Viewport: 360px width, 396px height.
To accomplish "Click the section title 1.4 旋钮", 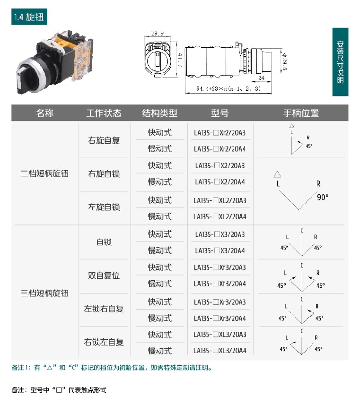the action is pyautogui.click(x=29, y=17).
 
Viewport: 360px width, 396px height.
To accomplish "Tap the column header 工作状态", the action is pyautogui.click(x=104, y=113).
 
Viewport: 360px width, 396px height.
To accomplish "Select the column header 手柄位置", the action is pyautogui.click(x=301, y=113).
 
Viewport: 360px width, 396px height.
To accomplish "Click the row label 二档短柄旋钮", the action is pyautogui.click(x=44, y=173).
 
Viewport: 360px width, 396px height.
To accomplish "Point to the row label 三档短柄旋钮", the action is pyautogui.click(x=44, y=293).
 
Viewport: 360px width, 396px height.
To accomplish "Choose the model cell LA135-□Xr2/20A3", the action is pyautogui.click(x=220, y=133).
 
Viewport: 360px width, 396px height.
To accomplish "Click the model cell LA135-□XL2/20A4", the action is pyautogui.click(x=220, y=217).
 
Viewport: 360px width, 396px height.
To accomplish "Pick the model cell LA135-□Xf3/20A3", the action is pyautogui.click(x=220, y=267).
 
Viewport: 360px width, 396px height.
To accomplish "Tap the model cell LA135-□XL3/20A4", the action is pyautogui.click(x=220, y=351).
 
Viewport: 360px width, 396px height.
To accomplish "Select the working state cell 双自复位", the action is pyautogui.click(x=104, y=275).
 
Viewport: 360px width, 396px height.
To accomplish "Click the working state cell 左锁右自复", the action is pyautogui.click(x=104, y=309).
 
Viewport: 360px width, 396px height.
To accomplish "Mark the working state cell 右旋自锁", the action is pyautogui.click(x=104, y=174).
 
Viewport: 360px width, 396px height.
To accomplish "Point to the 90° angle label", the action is pyautogui.click(x=323, y=197).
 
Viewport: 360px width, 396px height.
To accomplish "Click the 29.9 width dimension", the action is pyautogui.click(x=157, y=33).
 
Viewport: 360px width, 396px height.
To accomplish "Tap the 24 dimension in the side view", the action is pyautogui.click(x=261, y=78).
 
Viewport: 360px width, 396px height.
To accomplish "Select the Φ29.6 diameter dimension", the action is pyautogui.click(x=284, y=61).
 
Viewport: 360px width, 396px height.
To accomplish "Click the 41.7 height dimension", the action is pyautogui.click(x=180, y=60).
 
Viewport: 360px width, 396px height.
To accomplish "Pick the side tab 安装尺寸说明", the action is pyautogui.click(x=340, y=62).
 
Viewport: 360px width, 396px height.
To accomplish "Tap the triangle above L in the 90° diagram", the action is pyautogui.click(x=277, y=174).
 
